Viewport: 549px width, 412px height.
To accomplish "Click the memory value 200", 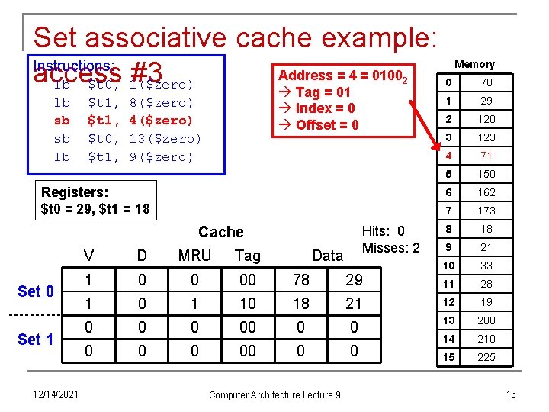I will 486,320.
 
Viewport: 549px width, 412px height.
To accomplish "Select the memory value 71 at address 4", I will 486,156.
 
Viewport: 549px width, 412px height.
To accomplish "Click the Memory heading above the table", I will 474,65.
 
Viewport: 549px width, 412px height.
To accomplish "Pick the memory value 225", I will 486,357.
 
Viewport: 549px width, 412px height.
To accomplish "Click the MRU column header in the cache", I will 194,256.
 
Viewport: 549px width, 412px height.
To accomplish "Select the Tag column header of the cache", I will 247,256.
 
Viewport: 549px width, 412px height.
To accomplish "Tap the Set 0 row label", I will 36,291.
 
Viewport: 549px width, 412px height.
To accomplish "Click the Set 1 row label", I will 36,339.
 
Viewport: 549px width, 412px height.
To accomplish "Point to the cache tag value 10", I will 247,304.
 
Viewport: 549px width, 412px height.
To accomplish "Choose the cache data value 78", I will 301,280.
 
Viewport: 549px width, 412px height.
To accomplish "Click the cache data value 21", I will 353,304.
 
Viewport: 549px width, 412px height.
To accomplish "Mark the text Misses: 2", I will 390,247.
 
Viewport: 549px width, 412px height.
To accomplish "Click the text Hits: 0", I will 383,231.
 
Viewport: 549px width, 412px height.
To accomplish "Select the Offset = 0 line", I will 316,124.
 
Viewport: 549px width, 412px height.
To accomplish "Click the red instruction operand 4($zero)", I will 161,121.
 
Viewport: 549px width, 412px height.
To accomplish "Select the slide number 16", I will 511,394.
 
